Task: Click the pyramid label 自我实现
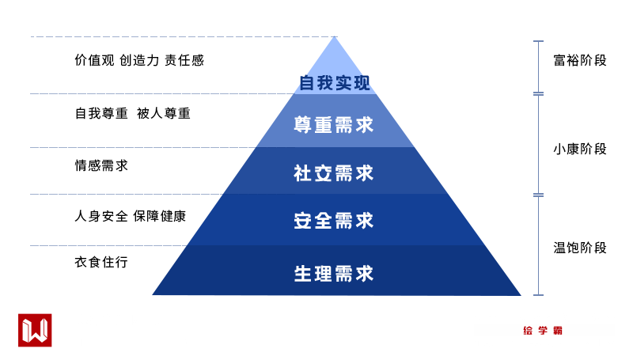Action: coord(335,83)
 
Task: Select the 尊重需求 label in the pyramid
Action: coord(333,125)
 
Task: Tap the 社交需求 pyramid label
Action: coord(333,173)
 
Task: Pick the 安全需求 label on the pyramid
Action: coord(333,221)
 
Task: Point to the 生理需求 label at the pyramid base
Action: coord(333,274)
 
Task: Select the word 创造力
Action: coord(139,60)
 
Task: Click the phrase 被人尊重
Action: coord(164,113)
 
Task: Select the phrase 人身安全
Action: coord(100,215)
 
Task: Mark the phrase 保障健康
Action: coord(160,215)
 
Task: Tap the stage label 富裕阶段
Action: coord(580,60)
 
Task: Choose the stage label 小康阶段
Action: coord(580,149)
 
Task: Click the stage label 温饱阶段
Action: coord(580,248)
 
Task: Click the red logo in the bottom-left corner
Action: coord(35,330)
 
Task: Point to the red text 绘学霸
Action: coord(543,331)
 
